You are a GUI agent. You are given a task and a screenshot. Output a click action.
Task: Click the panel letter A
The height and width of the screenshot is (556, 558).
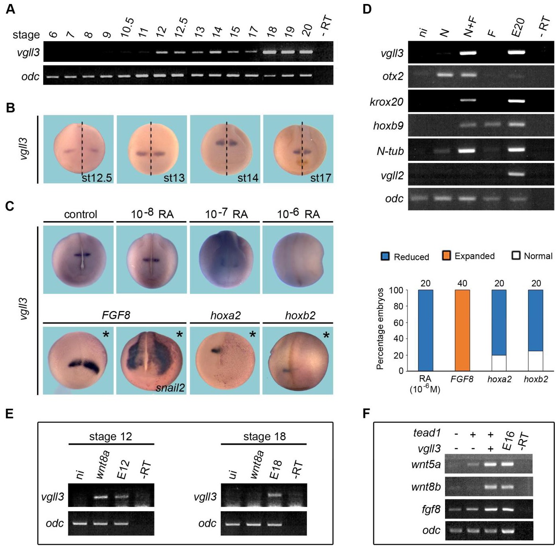coord(10,9)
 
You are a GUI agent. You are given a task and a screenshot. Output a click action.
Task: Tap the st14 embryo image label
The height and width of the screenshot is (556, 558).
coord(248,178)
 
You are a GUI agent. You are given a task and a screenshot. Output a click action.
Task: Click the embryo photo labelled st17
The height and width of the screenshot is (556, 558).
coord(298,149)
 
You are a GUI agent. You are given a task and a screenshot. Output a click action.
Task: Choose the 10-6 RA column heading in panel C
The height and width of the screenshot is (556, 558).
coord(298,214)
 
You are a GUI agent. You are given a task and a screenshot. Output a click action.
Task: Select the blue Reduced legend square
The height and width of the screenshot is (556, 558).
coord(385,256)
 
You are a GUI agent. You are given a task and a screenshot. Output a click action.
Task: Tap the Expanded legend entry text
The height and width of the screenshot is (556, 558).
coord(475,256)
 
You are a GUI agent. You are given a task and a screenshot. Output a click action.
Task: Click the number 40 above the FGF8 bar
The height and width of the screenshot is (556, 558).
coord(462,283)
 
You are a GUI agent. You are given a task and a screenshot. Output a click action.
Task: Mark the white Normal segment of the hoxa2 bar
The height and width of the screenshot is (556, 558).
coord(499,363)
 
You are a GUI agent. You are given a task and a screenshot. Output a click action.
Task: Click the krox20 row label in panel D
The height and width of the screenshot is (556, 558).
coord(386,102)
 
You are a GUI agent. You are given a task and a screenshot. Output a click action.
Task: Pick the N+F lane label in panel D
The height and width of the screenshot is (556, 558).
coord(471,28)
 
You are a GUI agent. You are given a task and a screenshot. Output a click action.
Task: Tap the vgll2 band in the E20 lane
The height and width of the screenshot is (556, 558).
coord(516,174)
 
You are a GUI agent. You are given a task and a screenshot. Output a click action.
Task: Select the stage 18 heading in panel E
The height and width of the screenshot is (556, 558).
coord(264,436)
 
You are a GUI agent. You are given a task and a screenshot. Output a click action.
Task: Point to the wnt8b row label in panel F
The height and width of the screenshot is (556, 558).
coord(425,487)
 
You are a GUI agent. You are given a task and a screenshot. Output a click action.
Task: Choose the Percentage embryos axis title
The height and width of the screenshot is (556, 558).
coord(380,328)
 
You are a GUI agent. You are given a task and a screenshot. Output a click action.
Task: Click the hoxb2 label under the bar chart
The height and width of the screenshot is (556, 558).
coord(536,379)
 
